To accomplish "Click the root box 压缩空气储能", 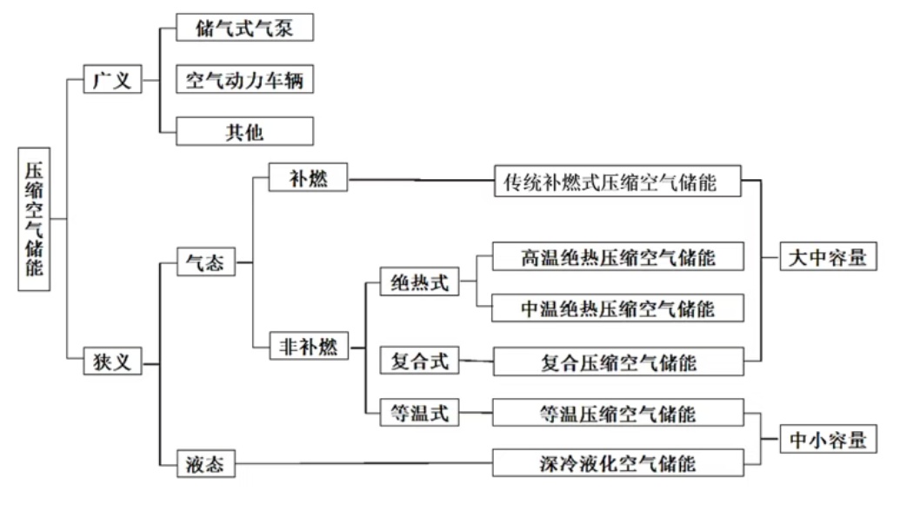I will coord(33,217).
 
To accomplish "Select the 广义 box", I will coord(112,81).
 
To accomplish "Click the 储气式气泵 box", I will coord(244,28).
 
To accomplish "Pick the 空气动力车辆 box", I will coord(244,81).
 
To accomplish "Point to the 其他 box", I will coord(244,132).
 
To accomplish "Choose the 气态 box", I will coord(205,262).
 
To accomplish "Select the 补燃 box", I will coord(308,179).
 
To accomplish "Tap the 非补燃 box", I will coord(308,346).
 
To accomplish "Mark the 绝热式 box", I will coord(420,282).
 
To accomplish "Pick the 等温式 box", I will coord(420,413).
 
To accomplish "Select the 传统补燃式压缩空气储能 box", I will coord(617,182).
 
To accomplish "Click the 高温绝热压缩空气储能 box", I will coord(617,257).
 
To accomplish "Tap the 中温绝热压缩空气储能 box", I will coord(617,309).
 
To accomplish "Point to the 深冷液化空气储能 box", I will coord(617,462).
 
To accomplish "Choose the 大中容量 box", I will coord(827,257).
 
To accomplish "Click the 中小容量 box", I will coord(828,439).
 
